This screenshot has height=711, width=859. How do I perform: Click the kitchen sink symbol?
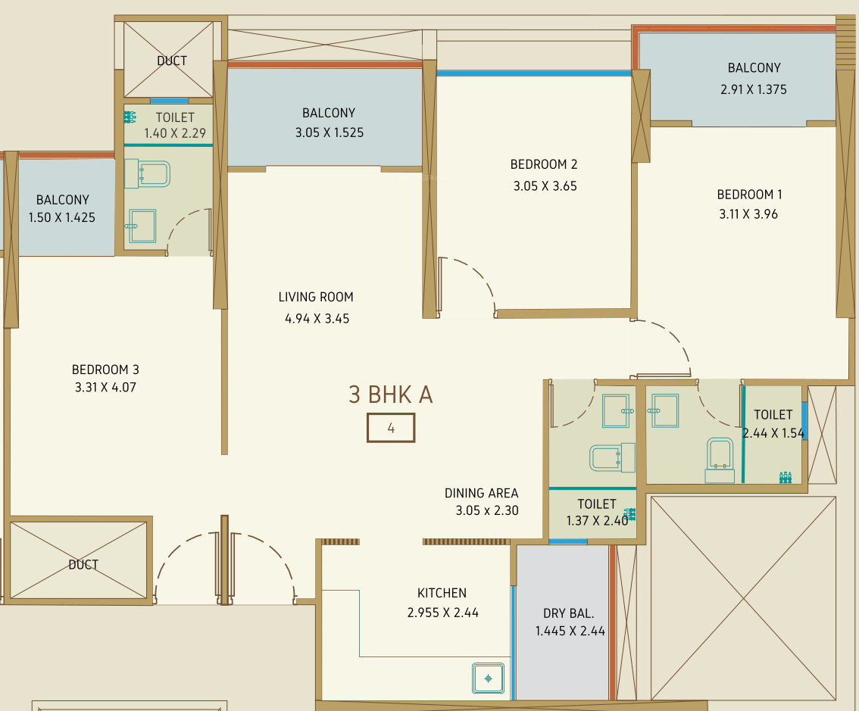point(488,678)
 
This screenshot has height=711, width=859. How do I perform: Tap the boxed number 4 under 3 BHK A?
point(391,428)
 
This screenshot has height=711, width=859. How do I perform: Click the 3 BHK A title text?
point(391,394)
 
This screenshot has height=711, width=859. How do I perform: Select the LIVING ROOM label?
point(316,297)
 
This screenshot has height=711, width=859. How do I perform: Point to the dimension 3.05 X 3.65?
point(545,186)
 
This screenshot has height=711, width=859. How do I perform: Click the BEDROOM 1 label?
point(749,195)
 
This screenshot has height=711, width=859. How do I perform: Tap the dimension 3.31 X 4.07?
point(105,387)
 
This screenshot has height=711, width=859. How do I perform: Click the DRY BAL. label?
point(569,613)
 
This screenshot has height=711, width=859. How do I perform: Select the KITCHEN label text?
point(442,593)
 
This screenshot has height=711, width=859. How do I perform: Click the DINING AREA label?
point(482,493)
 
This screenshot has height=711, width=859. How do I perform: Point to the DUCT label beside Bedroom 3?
point(83,565)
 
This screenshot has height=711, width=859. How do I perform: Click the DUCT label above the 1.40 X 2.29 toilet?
point(172,61)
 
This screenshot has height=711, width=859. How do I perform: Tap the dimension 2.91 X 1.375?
point(754,89)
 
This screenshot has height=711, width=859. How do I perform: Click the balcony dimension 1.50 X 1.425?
point(62,217)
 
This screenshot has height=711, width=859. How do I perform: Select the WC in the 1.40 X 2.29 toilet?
point(148,173)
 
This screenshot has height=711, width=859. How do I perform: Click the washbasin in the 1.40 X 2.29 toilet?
point(142,226)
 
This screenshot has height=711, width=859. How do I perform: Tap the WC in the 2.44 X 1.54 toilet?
point(720,460)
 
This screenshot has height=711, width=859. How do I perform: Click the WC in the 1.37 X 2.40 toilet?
point(613,457)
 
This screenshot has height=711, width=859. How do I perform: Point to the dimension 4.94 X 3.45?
point(317,319)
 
